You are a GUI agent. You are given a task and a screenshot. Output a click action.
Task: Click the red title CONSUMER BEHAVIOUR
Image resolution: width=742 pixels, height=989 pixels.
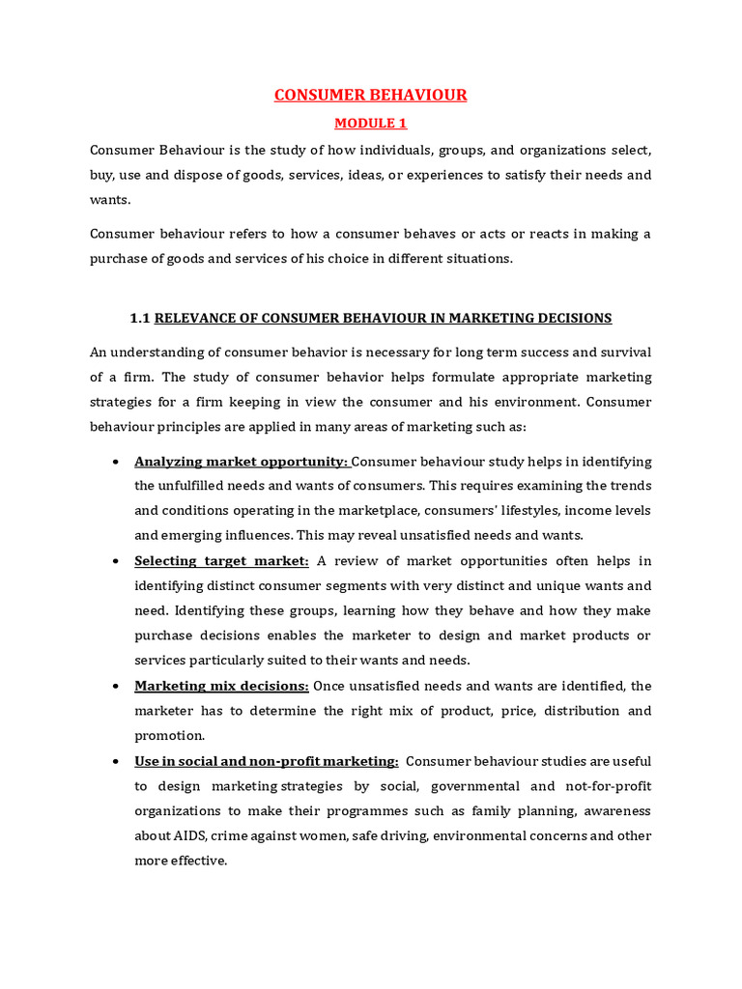point(371,95)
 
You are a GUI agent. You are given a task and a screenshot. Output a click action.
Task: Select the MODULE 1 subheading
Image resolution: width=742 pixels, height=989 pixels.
point(371,124)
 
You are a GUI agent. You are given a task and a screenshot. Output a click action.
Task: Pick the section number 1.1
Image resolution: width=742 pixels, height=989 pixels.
point(140,318)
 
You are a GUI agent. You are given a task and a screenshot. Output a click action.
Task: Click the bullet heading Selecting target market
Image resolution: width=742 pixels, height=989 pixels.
point(222,561)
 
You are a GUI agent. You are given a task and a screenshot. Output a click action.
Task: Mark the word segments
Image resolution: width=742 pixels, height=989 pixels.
point(457,585)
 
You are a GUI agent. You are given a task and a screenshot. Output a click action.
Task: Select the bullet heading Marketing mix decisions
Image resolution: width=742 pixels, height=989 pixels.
point(222,686)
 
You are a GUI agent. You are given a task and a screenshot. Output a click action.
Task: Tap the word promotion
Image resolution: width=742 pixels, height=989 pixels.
point(170,735)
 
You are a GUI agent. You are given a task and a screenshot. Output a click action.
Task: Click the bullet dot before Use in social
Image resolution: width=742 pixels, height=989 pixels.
point(115,761)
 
